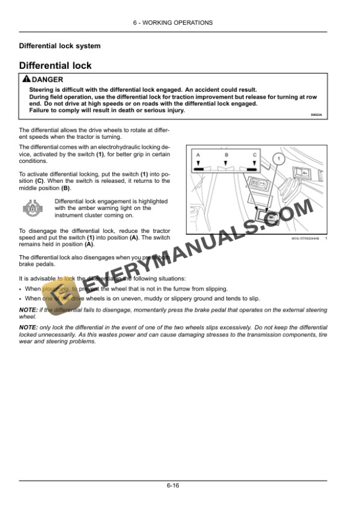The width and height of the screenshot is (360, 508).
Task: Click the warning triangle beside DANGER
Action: (25, 79)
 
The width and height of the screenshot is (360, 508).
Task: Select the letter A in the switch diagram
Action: (198, 155)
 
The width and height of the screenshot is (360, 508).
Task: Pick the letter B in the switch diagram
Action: (226, 155)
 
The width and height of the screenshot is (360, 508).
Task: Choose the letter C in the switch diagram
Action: (254, 155)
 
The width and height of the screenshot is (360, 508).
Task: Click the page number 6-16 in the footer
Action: (172, 486)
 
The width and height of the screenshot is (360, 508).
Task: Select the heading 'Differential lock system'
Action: (59, 46)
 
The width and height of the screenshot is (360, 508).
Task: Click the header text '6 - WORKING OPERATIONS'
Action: (172, 22)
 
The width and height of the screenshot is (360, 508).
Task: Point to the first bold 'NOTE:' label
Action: (28, 309)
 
